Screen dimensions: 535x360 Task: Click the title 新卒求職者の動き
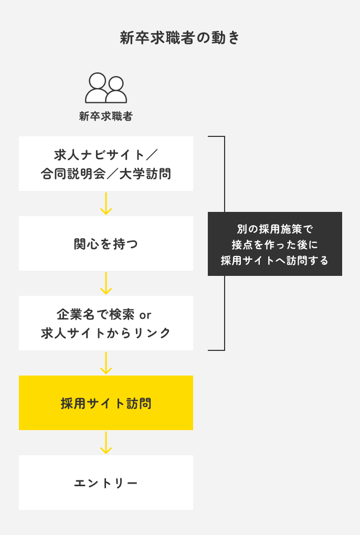click(x=180, y=38)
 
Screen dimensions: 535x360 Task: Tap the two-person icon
click(x=106, y=88)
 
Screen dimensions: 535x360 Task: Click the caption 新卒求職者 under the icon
click(x=106, y=116)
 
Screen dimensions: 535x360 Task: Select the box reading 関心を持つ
click(x=106, y=244)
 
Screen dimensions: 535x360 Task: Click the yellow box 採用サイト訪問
click(x=106, y=403)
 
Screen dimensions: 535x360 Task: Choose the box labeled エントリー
click(x=106, y=483)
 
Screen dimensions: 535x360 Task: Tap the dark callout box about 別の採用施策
click(x=274, y=244)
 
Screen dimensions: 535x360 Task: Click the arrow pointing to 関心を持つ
click(x=106, y=204)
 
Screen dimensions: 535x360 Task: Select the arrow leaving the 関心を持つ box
click(x=106, y=283)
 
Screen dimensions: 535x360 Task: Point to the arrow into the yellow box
click(x=106, y=363)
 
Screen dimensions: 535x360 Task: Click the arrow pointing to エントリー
click(x=106, y=443)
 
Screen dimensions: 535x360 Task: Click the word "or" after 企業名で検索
click(x=145, y=314)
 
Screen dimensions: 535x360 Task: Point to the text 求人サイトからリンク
click(x=106, y=333)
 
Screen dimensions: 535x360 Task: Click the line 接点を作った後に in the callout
click(x=274, y=244)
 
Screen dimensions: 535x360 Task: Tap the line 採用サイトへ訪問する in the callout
click(x=274, y=260)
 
